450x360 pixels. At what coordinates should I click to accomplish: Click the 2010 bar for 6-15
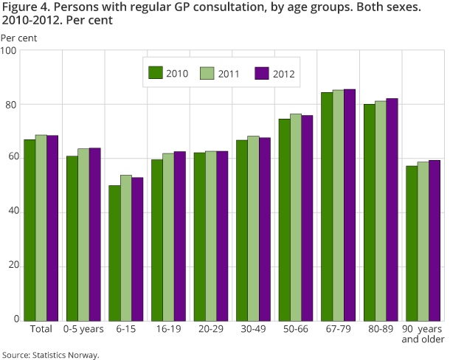pyautogui.click(x=114, y=253)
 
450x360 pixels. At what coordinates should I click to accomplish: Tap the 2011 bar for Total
pyautogui.click(x=41, y=228)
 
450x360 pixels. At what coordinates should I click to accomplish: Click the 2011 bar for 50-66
pyautogui.click(x=296, y=218)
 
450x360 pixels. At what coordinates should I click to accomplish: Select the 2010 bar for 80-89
pyautogui.click(x=369, y=212)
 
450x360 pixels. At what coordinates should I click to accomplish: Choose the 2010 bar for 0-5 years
pyautogui.click(x=72, y=238)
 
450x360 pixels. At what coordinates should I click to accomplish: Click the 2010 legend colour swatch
pyautogui.click(x=156, y=72)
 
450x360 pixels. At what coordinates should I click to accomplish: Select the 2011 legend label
pyautogui.click(x=229, y=73)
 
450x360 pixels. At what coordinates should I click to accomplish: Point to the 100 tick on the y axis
pyautogui.click(x=10, y=51)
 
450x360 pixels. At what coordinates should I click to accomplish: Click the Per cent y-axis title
pyautogui.click(x=18, y=37)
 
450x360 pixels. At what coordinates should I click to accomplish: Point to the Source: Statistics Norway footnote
pyautogui.click(x=50, y=354)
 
